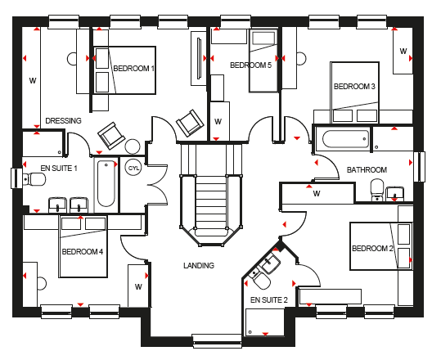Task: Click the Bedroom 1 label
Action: (x=134, y=69)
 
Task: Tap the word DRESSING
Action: (x=63, y=120)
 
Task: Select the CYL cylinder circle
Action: (x=133, y=168)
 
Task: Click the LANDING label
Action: (x=199, y=265)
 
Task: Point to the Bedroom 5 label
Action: (x=251, y=65)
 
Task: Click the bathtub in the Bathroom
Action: (x=345, y=138)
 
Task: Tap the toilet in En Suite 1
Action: (x=34, y=179)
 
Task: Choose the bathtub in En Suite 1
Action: (x=106, y=183)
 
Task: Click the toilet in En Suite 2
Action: (x=260, y=280)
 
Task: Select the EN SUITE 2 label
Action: (x=269, y=300)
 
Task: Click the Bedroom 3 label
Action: (x=354, y=87)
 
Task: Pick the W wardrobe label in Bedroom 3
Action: (x=403, y=52)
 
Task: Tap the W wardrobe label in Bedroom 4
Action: (x=138, y=287)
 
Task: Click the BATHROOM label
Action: (x=367, y=170)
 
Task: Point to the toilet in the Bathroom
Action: (x=377, y=190)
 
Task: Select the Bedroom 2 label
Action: (x=372, y=249)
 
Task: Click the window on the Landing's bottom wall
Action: (x=217, y=341)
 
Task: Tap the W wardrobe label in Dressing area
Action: (x=33, y=81)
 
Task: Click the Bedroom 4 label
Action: (x=83, y=251)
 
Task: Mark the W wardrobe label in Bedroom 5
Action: (x=218, y=121)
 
